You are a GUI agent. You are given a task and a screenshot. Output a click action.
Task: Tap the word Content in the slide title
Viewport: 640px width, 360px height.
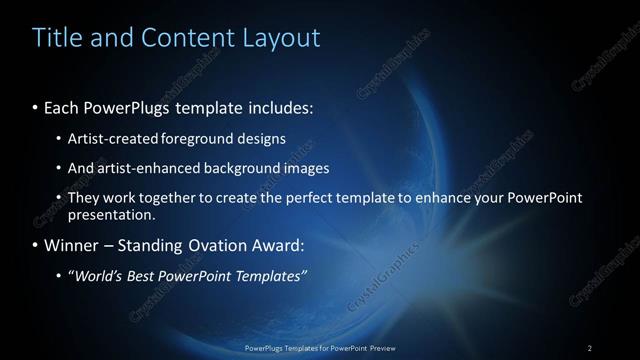click(178, 38)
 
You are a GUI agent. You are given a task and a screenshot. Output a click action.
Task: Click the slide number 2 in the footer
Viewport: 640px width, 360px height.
click(589, 347)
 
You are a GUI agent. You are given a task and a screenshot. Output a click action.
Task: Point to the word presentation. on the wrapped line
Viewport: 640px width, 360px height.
click(111, 214)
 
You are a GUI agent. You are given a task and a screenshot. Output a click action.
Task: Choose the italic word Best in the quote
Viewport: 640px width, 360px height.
click(141, 276)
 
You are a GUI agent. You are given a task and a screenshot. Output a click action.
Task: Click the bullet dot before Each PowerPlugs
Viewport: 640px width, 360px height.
click(36, 106)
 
